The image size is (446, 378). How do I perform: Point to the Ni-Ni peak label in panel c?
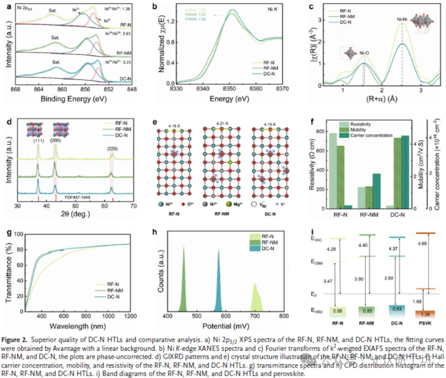coord(402,20)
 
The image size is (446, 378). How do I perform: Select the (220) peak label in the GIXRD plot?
coord(112,149)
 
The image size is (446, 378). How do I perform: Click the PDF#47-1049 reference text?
coord(77,197)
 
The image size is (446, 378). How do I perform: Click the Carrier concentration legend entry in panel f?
coord(371,135)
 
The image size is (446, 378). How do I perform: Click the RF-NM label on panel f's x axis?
coord(369,215)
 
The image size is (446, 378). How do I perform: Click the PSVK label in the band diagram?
coord(425,323)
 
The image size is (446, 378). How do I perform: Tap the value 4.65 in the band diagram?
coord(422,244)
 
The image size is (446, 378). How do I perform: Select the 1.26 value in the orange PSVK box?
coord(425,315)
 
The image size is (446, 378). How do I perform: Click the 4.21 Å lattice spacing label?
coord(222,123)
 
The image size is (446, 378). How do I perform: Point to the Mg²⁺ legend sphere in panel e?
coord(229,204)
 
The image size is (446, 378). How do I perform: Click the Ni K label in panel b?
coord(272,9)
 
